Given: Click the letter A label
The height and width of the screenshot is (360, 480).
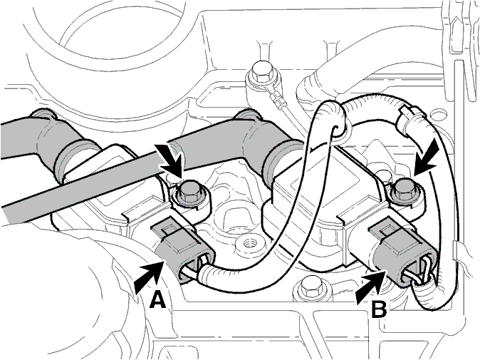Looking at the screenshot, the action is (157, 299).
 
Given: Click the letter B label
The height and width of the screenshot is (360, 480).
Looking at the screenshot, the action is (379, 309).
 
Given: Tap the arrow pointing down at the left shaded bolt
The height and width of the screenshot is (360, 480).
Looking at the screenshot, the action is (169, 162).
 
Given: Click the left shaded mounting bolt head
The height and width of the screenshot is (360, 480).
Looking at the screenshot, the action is (187, 193).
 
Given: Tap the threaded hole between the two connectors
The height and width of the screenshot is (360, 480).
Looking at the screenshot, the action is (248, 244).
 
